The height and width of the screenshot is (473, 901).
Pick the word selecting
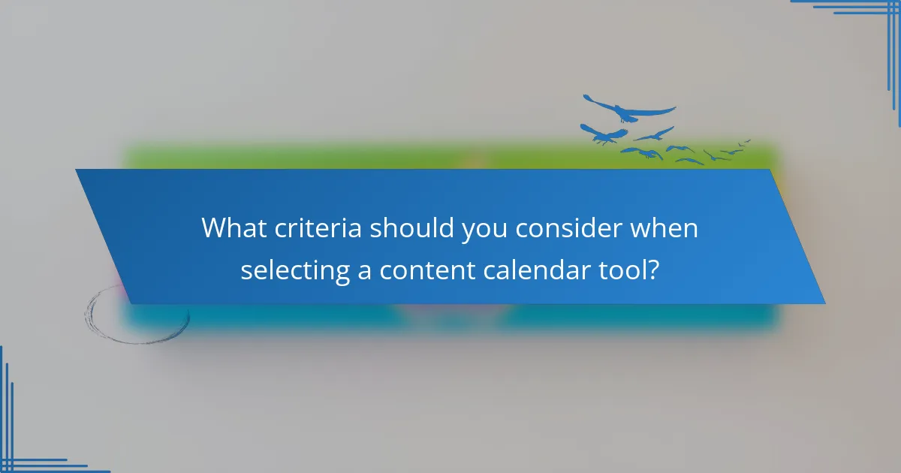click(x=294, y=270)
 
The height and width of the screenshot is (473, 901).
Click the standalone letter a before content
click(x=364, y=272)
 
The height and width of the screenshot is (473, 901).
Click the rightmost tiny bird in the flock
click(x=745, y=141)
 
